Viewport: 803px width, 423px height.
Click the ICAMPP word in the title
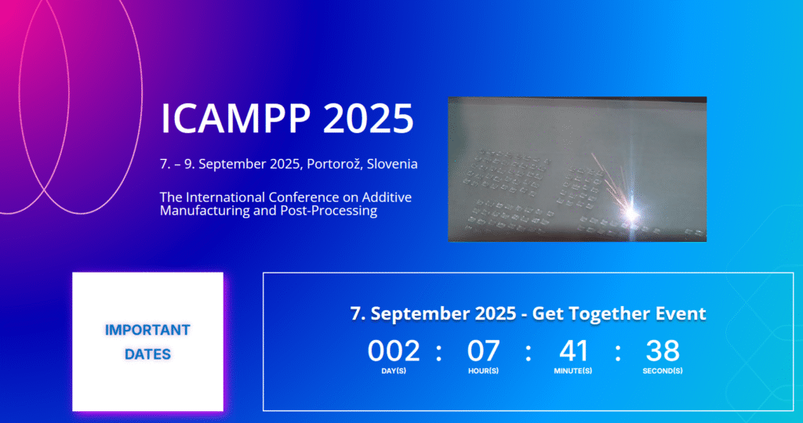click(235, 118)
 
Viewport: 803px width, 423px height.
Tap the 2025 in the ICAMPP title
click(369, 118)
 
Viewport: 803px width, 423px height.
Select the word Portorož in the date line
click(335, 164)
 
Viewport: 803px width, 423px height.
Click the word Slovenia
click(392, 164)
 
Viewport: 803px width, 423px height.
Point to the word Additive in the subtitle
click(387, 197)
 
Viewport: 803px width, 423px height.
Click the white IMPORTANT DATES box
click(147, 342)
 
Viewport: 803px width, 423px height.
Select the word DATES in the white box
click(147, 354)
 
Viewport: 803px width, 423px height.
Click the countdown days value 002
click(394, 351)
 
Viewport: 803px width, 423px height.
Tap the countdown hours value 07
click(483, 351)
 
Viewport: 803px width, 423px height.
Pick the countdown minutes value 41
click(573, 351)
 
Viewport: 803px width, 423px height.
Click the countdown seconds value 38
click(663, 351)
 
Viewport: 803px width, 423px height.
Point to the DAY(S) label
click(394, 371)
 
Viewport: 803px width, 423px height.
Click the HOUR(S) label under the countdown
click(483, 371)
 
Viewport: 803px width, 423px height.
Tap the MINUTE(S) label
click(573, 371)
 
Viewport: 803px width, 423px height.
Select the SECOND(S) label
click(663, 371)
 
